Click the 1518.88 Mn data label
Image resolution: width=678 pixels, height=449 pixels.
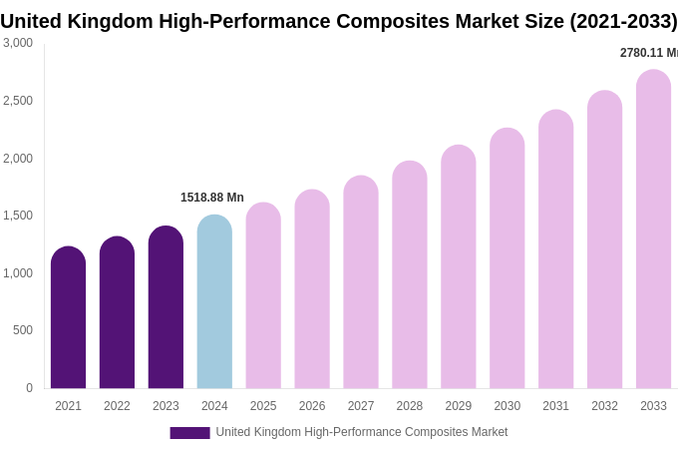[212, 198]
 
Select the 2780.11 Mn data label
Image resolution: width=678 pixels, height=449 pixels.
[648, 53]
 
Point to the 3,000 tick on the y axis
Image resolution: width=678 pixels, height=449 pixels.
[18, 43]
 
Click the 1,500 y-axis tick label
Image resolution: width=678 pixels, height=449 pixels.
[18, 216]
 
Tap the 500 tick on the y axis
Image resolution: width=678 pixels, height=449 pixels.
[23, 330]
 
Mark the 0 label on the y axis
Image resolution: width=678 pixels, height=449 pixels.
[29, 388]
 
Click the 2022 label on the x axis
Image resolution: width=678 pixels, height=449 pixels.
[117, 406]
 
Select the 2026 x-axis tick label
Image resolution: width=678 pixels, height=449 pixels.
[312, 406]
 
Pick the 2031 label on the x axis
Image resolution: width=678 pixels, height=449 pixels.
[555, 406]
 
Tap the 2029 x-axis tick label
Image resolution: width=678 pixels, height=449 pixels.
[458, 406]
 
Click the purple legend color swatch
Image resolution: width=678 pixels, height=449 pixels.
[189, 433]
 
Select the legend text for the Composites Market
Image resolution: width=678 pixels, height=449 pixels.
[362, 432]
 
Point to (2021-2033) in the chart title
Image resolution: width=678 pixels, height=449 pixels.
[623, 21]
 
